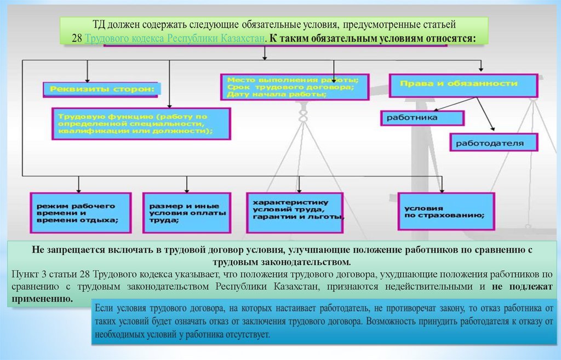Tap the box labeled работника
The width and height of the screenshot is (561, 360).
(x=422, y=117)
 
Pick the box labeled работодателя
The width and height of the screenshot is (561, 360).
(x=494, y=143)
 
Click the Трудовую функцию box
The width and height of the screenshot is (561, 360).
(x=141, y=124)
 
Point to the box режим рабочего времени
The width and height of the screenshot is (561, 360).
(x=80, y=213)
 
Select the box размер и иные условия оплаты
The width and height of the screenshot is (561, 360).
(x=185, y=213)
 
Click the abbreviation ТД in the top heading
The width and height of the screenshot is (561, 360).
(x=99, y=25)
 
